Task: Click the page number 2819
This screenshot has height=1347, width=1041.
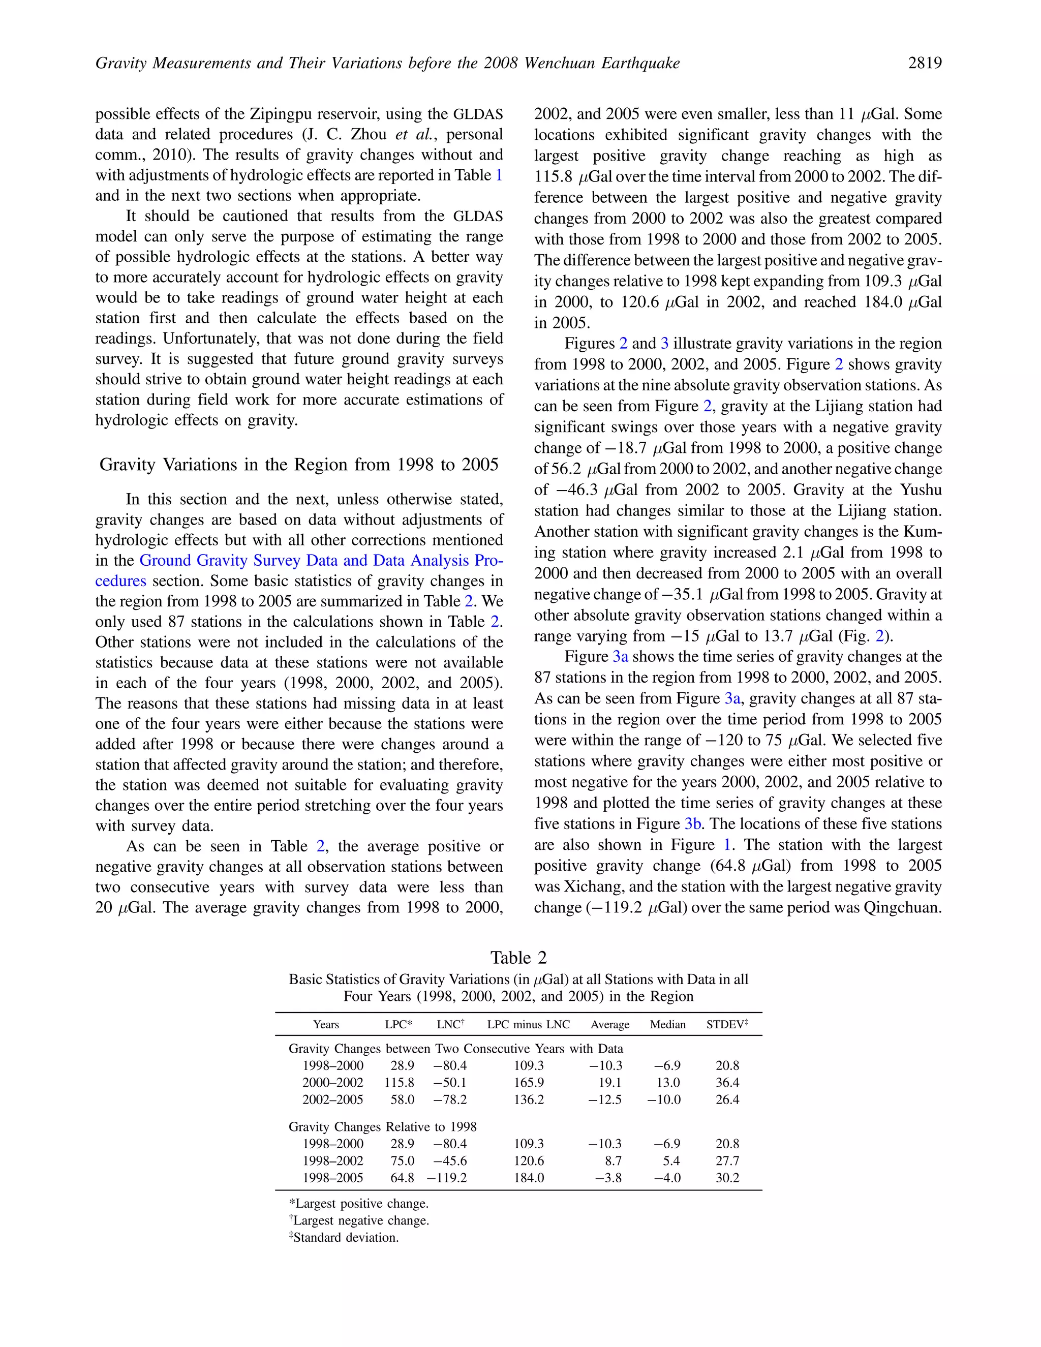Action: coord(925,63)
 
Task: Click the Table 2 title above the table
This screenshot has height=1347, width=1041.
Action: coord(518,957)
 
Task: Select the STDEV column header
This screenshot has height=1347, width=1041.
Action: coord(726,1024)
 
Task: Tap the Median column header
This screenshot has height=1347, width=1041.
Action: coord(667,1024)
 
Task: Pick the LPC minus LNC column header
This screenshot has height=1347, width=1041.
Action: coord(528,1024)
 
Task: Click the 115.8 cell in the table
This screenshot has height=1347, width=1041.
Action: coord(399,1082)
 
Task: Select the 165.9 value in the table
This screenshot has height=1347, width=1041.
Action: coord(529,1082)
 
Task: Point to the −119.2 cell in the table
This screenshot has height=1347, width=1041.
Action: coord(447,1177)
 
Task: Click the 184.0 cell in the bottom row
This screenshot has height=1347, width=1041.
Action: coord(529,1177)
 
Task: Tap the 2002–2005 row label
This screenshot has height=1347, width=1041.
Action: coord(332,1099)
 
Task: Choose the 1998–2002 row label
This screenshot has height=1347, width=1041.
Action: coord(332,1161)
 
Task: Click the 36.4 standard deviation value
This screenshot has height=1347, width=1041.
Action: coord(727,1082)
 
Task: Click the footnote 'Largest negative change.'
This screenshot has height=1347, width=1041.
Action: coord(360,1220)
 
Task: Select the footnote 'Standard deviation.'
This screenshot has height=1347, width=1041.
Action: coord(345,1237)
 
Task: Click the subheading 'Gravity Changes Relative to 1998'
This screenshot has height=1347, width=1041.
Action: coord(382,1127)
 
